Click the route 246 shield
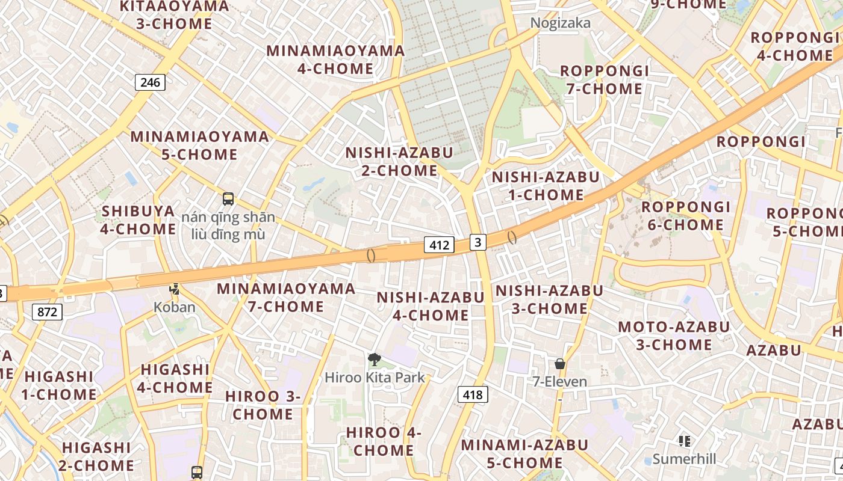150,82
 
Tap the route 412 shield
439,245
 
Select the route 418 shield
473,394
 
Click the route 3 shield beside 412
477,242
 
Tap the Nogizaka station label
560,23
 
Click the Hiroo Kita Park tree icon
375,360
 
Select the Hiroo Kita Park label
375,378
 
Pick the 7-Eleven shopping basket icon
560,364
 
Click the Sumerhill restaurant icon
684,441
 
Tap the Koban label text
175,307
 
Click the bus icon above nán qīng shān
228,199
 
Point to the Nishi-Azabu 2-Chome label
399,162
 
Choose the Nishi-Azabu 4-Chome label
431,306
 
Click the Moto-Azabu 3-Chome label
674,336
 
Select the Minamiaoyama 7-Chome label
286,298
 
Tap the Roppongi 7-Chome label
605,80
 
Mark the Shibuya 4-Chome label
138,220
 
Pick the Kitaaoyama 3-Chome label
174,15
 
